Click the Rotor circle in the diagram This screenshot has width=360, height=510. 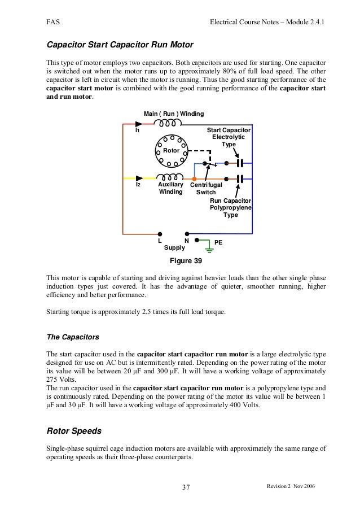[170, 151]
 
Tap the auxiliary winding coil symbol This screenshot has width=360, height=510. [170, 178]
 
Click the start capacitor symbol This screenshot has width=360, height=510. [240, 163]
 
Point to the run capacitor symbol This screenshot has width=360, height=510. [240, 178]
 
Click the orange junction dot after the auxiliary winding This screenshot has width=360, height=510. [194, 178]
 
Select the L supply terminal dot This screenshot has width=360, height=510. [160, 233]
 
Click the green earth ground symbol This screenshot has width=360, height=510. [209, 246]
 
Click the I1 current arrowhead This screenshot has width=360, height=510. [139, 124]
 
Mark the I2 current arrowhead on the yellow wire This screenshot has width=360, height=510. [139, 178]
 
